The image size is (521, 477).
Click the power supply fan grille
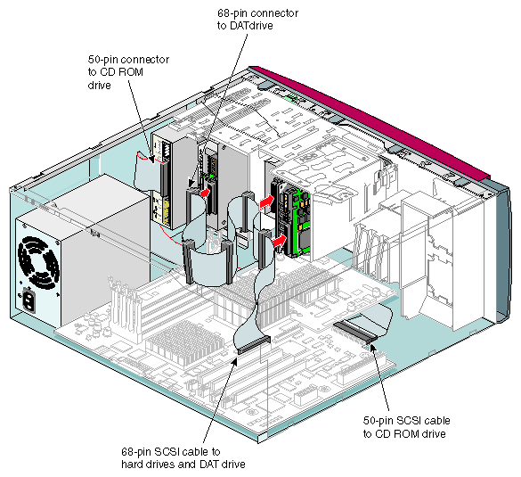pyautogui.click(x=38, y=261)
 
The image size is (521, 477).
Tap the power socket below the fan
pyautogui.click(x=28, y=301)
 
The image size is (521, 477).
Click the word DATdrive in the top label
pyautogui.click(x=251, y=26)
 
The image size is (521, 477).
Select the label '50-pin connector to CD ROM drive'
pyautogui.click(x=128, y=72)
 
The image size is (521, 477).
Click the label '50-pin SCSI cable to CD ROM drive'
pyautogui.click(x=406, y=427)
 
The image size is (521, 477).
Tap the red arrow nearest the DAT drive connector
pyautogui.click(x=205, y=193)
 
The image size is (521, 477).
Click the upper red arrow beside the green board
pyautogui.click(x=267, y=201)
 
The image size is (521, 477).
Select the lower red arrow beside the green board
pyautogui.click(x=280, y=240)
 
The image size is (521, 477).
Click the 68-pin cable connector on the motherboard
pyautogui.click(x=254, y=344)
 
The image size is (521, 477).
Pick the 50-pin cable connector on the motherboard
pyautogui.click(x=355, y=332)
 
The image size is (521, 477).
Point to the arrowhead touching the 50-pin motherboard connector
pyautogui.click(x=373, y=348)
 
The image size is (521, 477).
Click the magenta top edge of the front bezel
pyautogui.click(x=369, y=120)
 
